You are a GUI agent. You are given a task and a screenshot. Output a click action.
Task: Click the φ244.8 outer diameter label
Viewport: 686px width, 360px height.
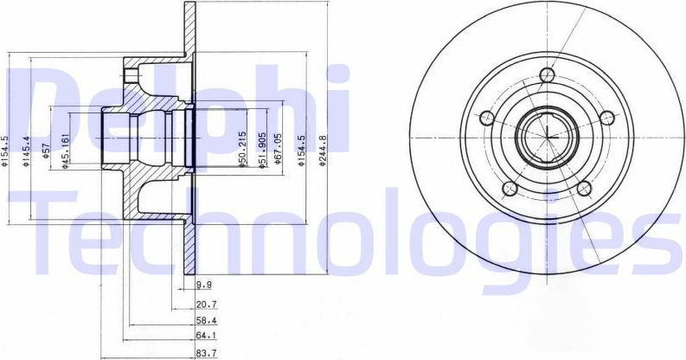[323, 153]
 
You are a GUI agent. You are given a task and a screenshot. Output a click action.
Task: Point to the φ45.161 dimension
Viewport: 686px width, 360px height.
[67, 152]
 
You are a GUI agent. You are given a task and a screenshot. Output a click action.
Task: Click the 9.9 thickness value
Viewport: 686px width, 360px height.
[204, 284]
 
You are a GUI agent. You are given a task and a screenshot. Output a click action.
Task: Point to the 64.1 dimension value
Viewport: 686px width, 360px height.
[206, 336]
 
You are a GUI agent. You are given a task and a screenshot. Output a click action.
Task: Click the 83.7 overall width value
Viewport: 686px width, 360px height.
[206, 353]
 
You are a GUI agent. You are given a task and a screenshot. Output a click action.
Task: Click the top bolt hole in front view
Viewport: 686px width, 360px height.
[546, 75]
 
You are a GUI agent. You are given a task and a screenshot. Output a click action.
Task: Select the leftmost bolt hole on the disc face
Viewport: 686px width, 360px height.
[486, 119]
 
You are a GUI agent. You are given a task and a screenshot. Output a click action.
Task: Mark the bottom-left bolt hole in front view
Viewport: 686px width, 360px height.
[510, 189]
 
